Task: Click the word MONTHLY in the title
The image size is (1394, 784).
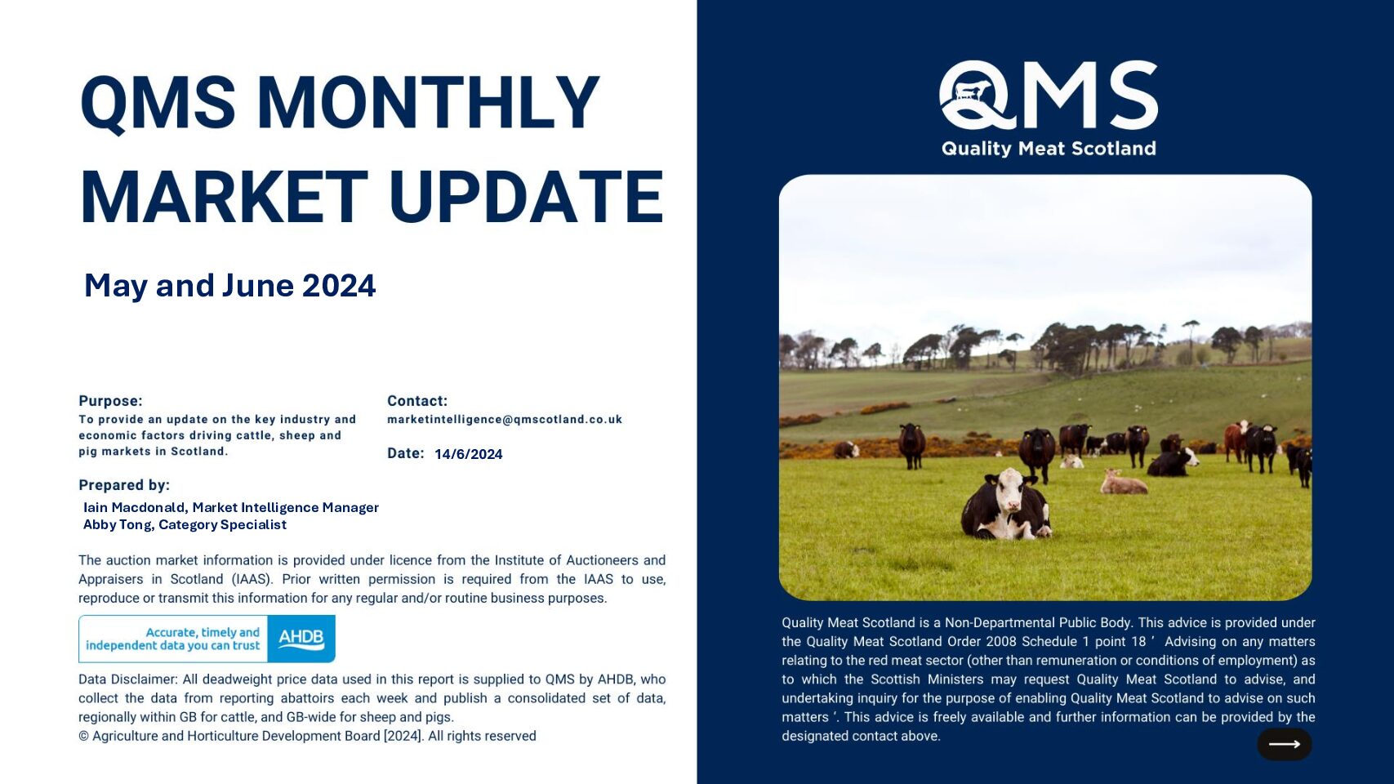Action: [x=428, y=102]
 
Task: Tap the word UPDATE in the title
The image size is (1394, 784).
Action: [x=527, y=197]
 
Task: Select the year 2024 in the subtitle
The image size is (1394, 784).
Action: [x=339, y=286]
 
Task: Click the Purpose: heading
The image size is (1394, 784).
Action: [x=110, y=401]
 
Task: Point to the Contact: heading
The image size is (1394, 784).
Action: [x=417, y=401]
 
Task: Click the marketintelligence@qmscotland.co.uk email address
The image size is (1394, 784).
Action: [x=505, y=420]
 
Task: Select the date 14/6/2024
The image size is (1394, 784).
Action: [x=468, y=454]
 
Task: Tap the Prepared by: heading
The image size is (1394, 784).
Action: [x=124, y=485]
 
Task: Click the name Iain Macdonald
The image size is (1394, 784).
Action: [x=135, y=507]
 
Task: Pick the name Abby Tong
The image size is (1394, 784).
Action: [x=118, y=524]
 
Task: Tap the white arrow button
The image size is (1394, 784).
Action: [x=1285, y=744]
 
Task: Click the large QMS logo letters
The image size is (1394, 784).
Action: [x=1049, y=96]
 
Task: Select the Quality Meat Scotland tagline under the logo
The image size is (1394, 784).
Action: [x=1049, y=148]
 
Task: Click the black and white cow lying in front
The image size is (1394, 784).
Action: [x=1005, y=505]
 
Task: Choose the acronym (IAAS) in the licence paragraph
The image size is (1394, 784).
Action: [x=252, y=579]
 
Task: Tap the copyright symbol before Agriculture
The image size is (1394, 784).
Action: [x=83, y=736]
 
